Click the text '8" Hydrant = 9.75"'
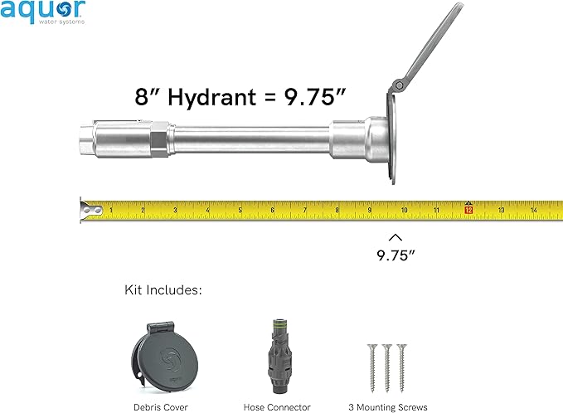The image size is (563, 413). [240, 95]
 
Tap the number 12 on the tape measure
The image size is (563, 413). [468, 211]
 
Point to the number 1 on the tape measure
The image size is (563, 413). [111, 211]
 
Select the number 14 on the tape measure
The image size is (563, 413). [534, 211]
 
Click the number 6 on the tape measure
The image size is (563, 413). [273, 211]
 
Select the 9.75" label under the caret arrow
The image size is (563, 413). [395, 255]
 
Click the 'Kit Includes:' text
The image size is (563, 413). [163, 290]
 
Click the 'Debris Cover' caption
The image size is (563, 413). [161, 407]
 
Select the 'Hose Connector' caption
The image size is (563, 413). [277, 407]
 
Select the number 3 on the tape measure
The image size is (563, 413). [175, 211]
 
